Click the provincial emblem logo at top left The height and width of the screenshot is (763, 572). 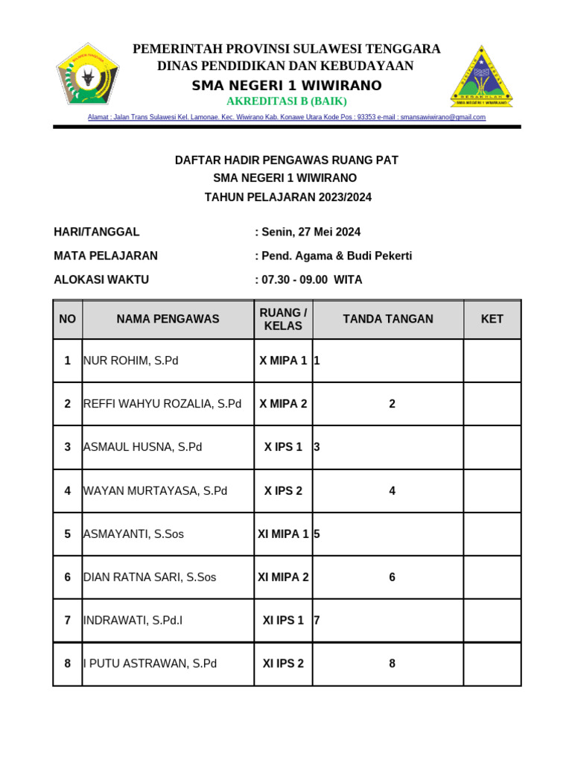88,75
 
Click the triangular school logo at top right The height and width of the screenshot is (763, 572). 481,76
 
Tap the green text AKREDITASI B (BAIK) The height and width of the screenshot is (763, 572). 287,101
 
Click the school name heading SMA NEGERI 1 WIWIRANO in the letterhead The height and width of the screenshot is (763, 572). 287,86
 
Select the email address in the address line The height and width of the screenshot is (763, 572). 442,117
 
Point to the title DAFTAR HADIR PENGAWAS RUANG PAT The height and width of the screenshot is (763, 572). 286,159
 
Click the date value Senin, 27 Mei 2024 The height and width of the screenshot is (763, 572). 310,232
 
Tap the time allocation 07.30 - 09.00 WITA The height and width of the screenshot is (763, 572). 311,279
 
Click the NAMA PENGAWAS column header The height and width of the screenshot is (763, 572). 168,319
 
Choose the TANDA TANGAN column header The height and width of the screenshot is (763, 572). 387,319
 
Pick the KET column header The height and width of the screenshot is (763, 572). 492,319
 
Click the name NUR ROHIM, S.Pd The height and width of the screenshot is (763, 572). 132,361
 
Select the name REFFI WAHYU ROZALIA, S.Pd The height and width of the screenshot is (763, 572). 163,404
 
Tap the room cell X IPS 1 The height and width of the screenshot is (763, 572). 283,447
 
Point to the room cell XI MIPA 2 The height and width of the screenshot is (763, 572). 283,577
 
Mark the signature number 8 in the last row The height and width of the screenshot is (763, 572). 392,663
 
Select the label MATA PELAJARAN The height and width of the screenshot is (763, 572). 106,256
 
